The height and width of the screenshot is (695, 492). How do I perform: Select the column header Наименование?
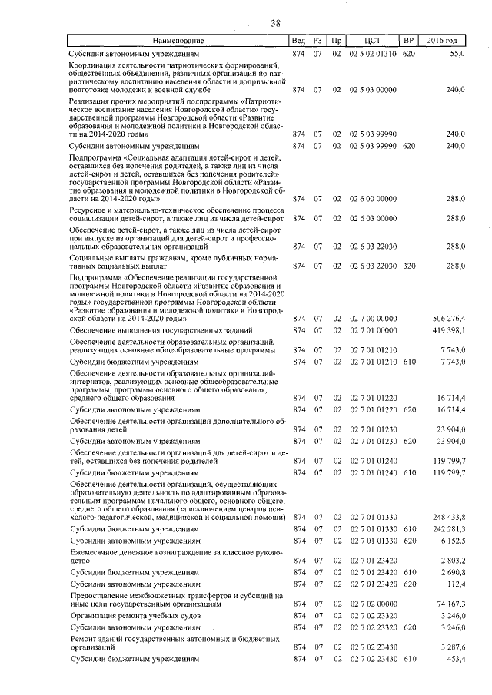[178, 40]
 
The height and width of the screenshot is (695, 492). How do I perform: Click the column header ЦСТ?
[371, 40]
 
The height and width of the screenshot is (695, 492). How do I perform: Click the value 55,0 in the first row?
[457, 55]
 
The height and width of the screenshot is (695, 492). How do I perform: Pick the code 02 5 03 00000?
[373, 90]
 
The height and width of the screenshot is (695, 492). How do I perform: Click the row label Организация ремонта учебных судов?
[127, 616]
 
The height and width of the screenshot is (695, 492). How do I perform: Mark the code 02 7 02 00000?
[373, 604]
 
